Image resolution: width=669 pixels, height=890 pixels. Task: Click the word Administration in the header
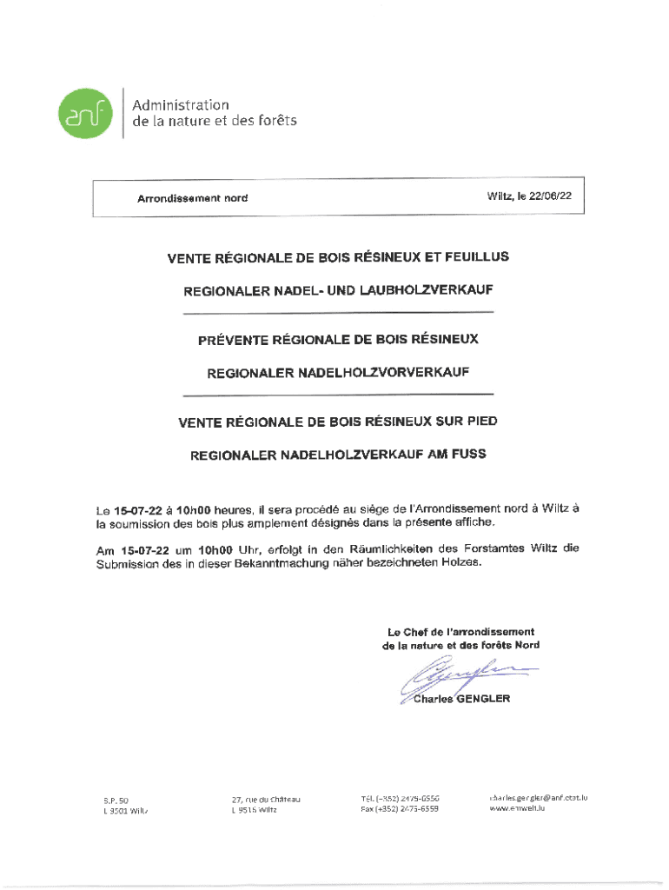point(181,104)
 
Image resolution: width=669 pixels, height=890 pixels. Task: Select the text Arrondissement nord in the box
point(192,198)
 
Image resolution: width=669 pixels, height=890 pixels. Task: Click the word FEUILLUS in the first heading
point(477,257)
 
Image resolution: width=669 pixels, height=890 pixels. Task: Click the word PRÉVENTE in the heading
point(235,338)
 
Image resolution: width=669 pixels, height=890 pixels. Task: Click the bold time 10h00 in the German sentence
point(216,549)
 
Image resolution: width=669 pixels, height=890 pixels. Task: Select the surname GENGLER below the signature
point(483,699)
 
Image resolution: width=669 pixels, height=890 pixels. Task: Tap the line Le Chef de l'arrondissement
point(460,632)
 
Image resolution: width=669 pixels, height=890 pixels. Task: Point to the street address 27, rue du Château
point(266,799)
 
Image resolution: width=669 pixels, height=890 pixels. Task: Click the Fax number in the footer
point(400,809)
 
